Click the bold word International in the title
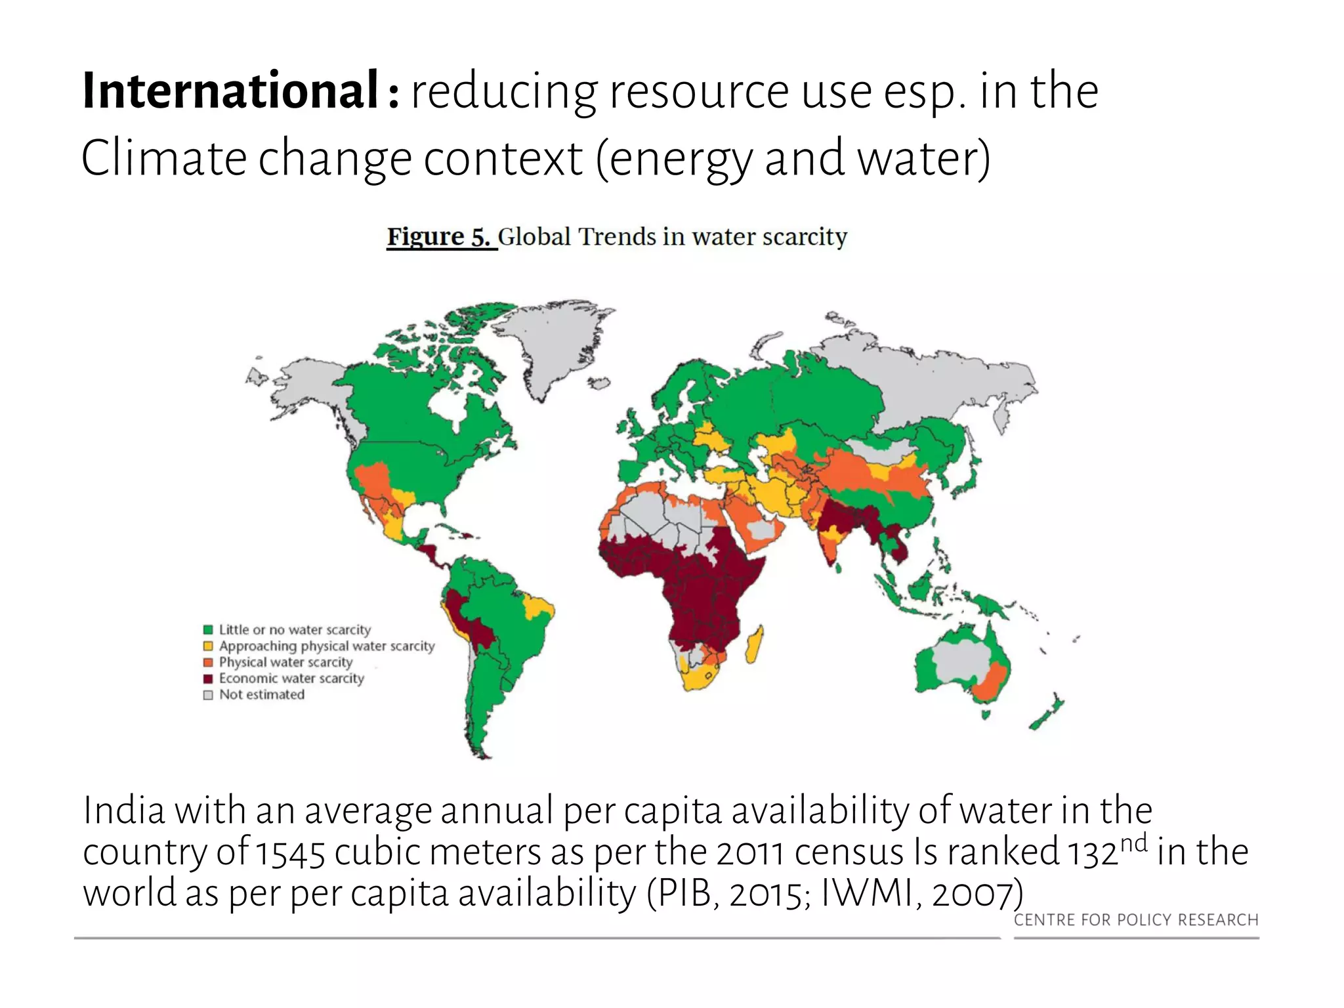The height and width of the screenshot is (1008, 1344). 230,91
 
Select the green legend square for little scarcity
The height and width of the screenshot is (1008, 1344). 208,630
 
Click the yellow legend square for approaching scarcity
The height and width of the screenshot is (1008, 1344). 208,646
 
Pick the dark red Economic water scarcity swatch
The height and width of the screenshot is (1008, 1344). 208,679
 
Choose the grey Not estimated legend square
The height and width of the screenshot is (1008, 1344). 208,695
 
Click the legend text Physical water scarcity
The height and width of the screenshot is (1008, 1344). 285,662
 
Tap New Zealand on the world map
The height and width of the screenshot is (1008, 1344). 1047,712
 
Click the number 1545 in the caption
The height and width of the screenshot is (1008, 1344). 290,852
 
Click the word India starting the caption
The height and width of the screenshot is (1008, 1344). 124,810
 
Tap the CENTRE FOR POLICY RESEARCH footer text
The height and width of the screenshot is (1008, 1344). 1136,920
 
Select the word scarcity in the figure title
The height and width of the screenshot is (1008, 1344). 805,238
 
